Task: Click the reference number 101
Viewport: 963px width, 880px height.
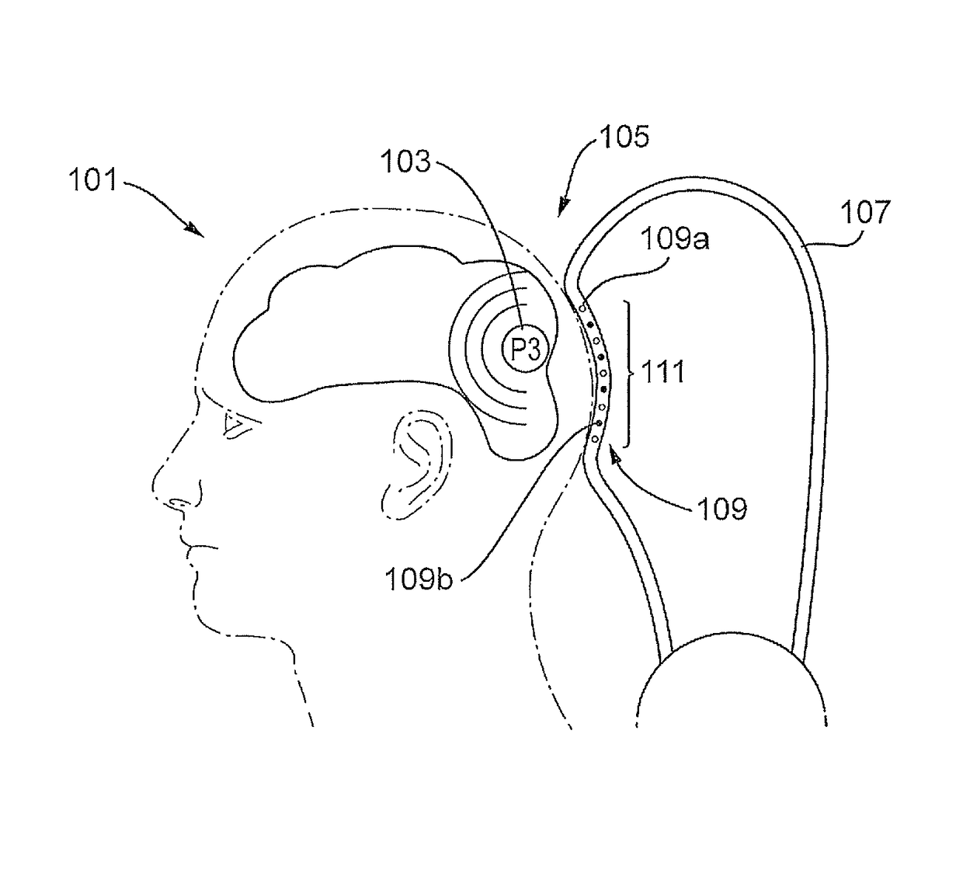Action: (x=93, y=180)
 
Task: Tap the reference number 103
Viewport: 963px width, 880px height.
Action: (x=405, y=162)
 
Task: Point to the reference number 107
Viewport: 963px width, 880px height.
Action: (x=866, y=212)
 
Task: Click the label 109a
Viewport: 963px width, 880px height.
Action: (x=674, y=239)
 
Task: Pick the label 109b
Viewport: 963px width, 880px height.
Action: (x=419, y=579)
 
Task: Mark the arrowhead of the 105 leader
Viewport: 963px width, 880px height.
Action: (x=563, y=205)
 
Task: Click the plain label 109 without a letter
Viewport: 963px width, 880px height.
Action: (x=722, y=510)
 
